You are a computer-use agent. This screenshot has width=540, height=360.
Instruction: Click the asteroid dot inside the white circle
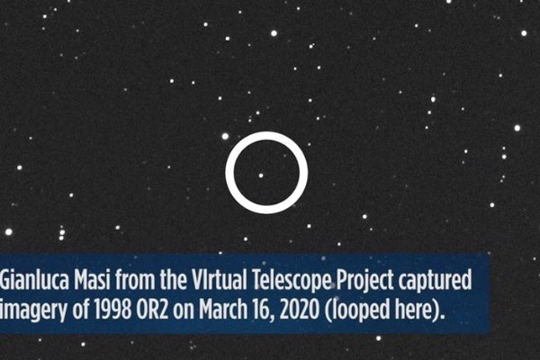click(261, 175)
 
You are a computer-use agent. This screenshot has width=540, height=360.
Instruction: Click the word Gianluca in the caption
click(35, 280)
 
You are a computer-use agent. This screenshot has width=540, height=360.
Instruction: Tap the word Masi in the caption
click(93, 280)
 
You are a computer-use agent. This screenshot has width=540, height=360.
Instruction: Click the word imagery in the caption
click(33, 310)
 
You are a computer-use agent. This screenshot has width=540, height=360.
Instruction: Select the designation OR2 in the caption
click(152, 309)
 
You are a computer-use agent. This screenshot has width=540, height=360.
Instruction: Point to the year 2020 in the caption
click(300, 309)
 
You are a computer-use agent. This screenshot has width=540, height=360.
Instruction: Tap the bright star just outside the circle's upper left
click(225, 137)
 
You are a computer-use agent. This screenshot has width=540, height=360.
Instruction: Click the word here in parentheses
click(420, 310)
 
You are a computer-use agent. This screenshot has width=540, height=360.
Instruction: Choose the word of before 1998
click(81, 309)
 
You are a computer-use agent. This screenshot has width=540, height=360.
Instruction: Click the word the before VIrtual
click(172, 280)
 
